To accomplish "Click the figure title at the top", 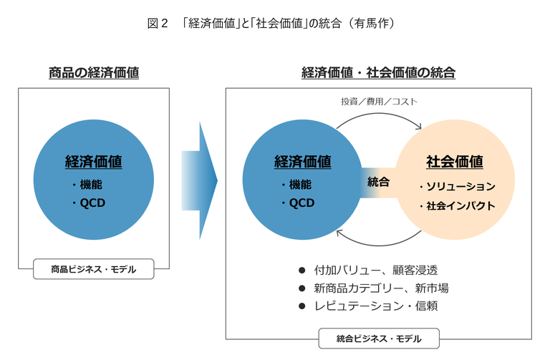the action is [x=271, y=24].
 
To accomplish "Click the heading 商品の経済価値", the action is [x=94, y=72].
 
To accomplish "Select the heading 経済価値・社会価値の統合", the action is [x=378, y=72].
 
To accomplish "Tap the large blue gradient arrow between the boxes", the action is [x=199, y=180].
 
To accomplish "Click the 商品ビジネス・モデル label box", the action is [x=94, y=269].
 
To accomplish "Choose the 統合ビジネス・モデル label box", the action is [x=379, y=339].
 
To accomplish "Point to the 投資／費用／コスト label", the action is [x=379, y=102].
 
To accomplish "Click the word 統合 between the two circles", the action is [x=378, y=182].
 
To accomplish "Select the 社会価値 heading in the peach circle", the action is [x=455, y=162].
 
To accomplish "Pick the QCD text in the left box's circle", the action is [x=92, y=203].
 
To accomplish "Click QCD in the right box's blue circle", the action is [x=301, y=203].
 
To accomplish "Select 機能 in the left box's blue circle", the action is [x=91, y=185].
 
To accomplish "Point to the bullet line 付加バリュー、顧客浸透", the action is [x=376, y=270].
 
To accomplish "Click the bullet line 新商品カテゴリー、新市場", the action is [x=381, y=288].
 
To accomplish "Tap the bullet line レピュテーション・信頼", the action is [x=376, y=306].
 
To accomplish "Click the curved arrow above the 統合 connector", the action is [x=379, y=114].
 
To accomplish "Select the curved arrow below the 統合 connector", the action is [x=379, y=245].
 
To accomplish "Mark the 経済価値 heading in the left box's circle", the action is [x=94, y=162].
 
